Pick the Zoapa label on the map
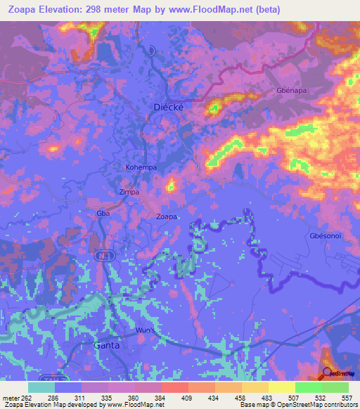click(167, 216)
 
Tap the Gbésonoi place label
click(325, 236)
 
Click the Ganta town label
click(108, 346)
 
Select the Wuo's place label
click(145, 329)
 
